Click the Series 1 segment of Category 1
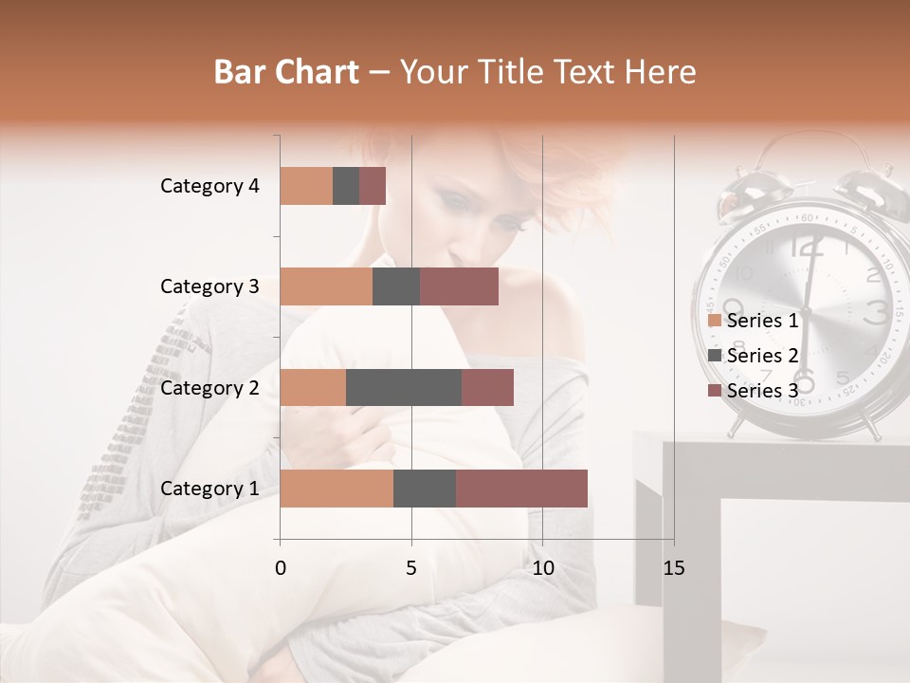click(x=337, y=489)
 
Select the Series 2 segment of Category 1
click(x=425, y=489)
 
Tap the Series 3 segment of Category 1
click(x=521, y=489)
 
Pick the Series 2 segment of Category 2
click(x=404, y=388)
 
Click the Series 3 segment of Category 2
click(x=487, y=388)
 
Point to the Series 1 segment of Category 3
click(x=326, y=286)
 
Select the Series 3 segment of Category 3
click(x=459, y=286)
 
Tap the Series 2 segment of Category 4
click(x=346, y=186)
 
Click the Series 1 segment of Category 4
click(x=306, y=186)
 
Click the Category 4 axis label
click(x=209, y=186)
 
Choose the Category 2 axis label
click(x=209, y=388)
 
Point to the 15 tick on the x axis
click(x=674, y=568)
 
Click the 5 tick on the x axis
click(x=411, y=568)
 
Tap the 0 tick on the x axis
click(x=281, y=568)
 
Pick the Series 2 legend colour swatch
click(x=715, y=356)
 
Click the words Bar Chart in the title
click(x=286, y=72)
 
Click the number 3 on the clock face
click(x=877, y=311)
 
